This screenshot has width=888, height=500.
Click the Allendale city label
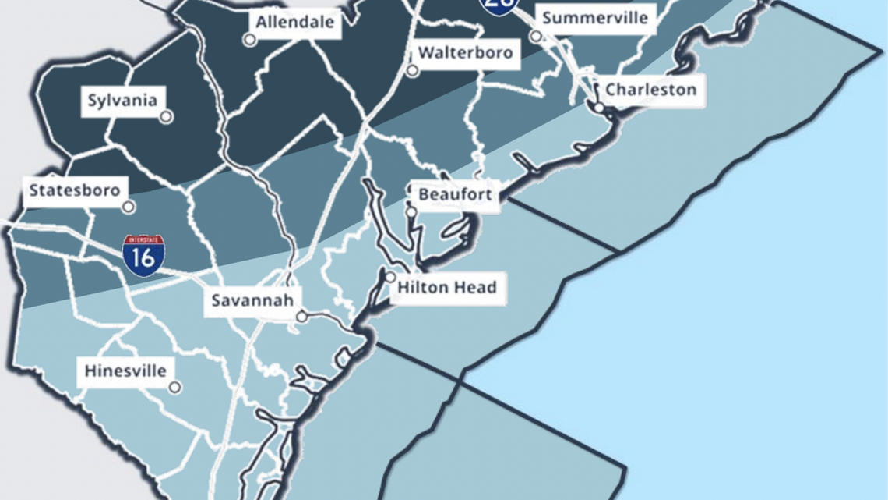click(294, 22)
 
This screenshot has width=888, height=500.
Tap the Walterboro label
click(465, 53)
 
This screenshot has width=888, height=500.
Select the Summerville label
click(594, 17)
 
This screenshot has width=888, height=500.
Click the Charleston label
click(650, 89)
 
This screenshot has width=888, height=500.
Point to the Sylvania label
click(122, 101)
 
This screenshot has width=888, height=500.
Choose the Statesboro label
click(74, 190)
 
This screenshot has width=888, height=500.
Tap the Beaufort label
click(456, 194)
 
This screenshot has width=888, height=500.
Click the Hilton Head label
click(446, 288)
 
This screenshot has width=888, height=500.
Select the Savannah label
click(252, 300)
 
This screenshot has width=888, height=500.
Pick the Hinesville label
click(125, 371)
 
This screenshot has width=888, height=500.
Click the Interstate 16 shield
click(143, 256)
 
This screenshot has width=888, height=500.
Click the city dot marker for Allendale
click(249, 40)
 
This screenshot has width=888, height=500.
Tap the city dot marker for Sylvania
click(166, 117)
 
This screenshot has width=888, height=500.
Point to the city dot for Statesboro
click(129, 207)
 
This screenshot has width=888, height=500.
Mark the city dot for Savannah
click(301, 317)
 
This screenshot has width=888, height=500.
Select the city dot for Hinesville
click(175, 387)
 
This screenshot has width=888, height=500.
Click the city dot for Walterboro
click(412, 70)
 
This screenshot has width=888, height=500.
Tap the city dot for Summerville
click(536, 36)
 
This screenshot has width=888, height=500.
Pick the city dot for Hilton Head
click(390, 277)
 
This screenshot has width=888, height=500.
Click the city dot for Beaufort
click(411, 211)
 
